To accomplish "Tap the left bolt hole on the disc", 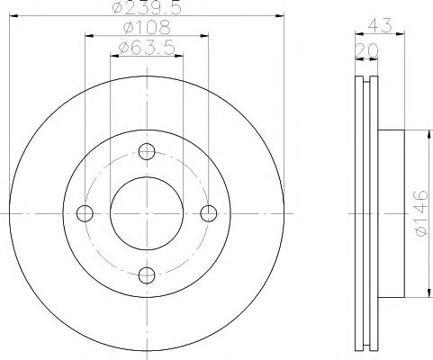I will tap(86, 213).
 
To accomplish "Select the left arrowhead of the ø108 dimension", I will tap(89, 37).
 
